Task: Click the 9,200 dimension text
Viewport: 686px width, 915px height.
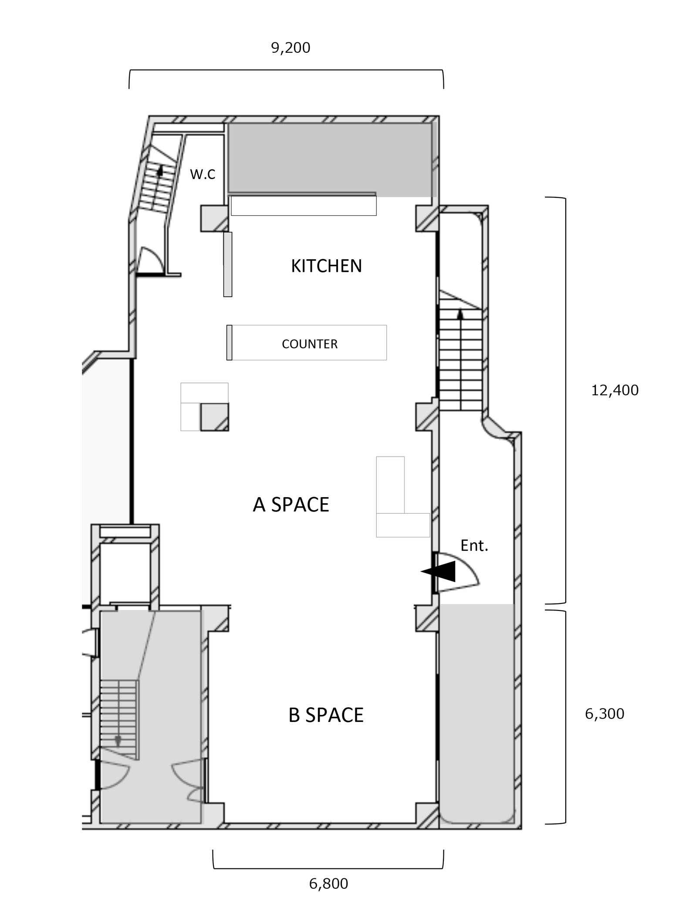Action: coord(291,47)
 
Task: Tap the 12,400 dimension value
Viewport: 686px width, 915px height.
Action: coord(615,390)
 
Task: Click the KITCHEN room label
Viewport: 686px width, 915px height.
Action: coord(326,266)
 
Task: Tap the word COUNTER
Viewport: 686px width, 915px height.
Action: coord(310,344)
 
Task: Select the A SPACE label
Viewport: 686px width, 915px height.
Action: coord(291,505)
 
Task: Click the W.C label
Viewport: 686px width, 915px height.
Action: coord(203,174)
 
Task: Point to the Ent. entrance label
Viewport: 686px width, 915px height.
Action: coord(474,546)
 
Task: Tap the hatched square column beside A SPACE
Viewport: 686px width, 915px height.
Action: coord(214,417)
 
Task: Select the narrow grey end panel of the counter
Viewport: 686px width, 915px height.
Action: coord(229,342)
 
